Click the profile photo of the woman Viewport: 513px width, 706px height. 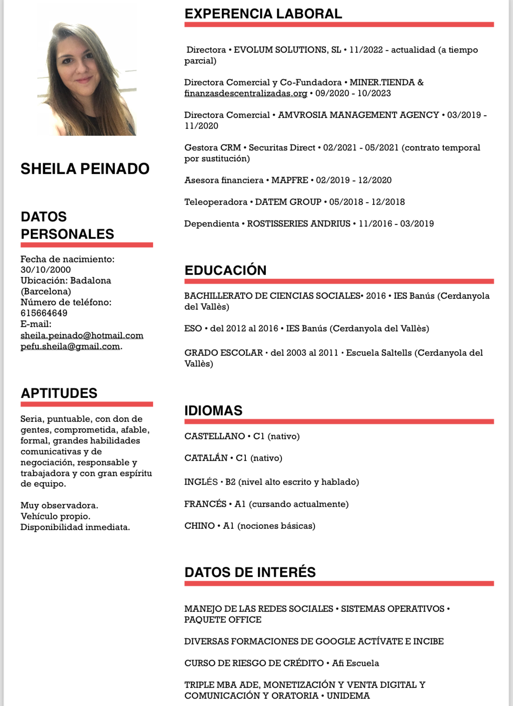(87, 74)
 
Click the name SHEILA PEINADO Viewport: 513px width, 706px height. (85, 169)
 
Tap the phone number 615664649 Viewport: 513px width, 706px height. (44, 313)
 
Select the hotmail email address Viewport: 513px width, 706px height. (82, 336)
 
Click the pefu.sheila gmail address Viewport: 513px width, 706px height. (70, 346)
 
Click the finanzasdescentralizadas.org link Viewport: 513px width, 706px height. (246, 93)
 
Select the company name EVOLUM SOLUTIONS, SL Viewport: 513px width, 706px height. (287, 50)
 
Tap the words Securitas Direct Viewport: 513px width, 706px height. (282, 148)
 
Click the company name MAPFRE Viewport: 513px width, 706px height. (290, 180)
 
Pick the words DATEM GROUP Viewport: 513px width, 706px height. (288, 202)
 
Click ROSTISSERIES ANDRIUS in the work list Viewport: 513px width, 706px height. (298, 224)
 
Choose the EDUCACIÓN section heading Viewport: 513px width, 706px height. (225, 270)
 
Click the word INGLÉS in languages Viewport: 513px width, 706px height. (201, 482)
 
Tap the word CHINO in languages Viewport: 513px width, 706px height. (199, 526)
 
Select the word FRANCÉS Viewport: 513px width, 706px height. (205, 504)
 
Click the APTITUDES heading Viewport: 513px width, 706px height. (59, 393)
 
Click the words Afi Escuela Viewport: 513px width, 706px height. (355, 663)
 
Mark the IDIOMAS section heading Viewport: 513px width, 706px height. (213, 410)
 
